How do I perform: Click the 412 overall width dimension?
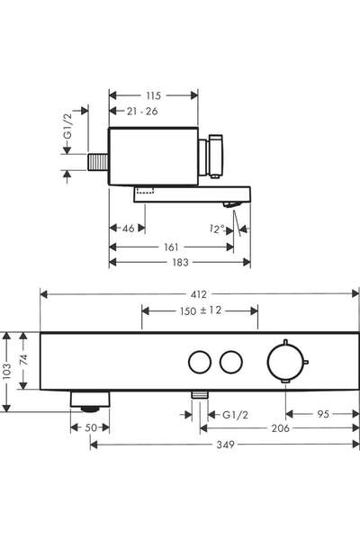[x=199, y=294]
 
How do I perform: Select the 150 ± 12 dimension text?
[x=201, y=310]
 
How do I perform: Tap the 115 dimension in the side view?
[x=153, y=95]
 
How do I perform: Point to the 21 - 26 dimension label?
[x=142, y=112]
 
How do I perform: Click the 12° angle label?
[x=217, y=229]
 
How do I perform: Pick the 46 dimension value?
[x=129, y=228]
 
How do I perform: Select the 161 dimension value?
[x=171, y=247]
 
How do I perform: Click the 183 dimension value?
[x=180, y=263]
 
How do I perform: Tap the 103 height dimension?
[x=7, y=372]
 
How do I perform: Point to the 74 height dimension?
[x=23, y=360]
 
